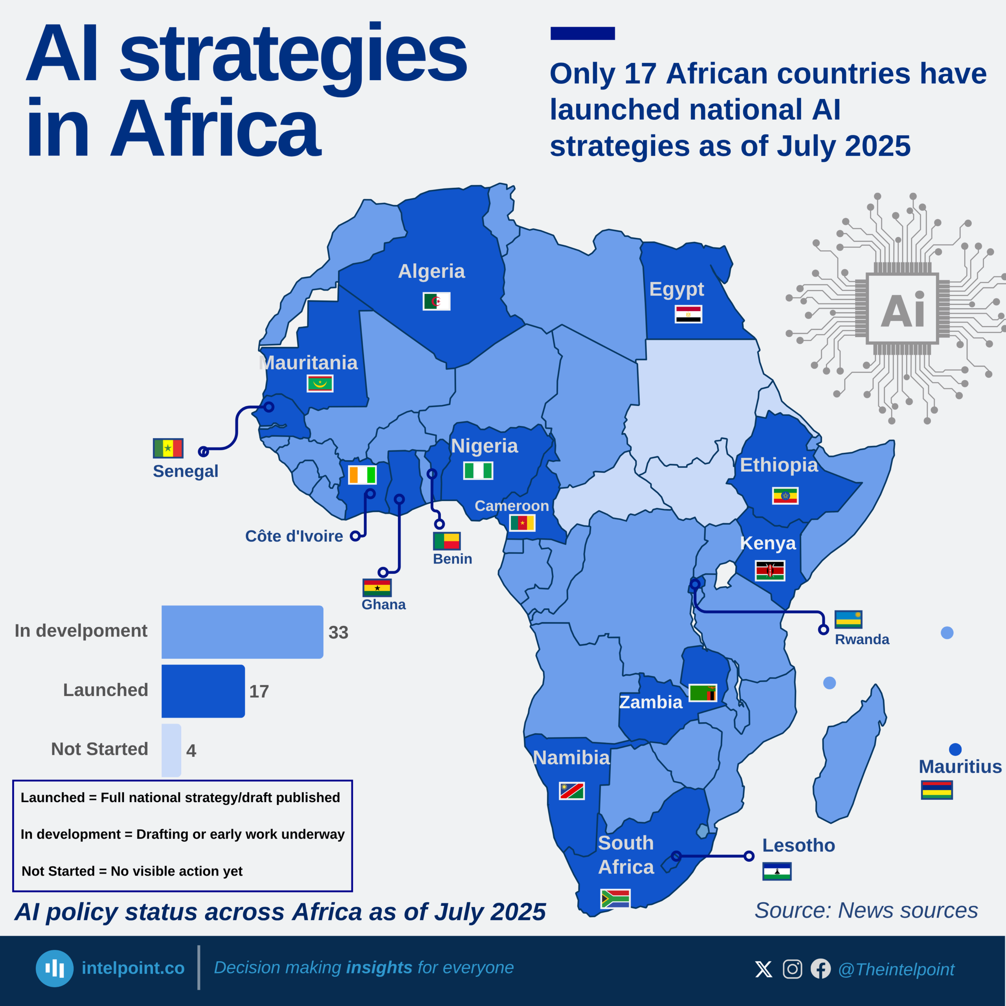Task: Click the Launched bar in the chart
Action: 203,691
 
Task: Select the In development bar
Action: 242,632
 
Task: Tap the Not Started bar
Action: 171,750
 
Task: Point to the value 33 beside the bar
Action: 338,632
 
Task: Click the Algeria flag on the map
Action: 436,301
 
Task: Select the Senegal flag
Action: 168,448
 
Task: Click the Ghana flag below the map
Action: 377,587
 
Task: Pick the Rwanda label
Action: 862,639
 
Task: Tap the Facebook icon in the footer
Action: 821,969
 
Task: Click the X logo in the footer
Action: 764,969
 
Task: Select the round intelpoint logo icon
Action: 55,969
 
